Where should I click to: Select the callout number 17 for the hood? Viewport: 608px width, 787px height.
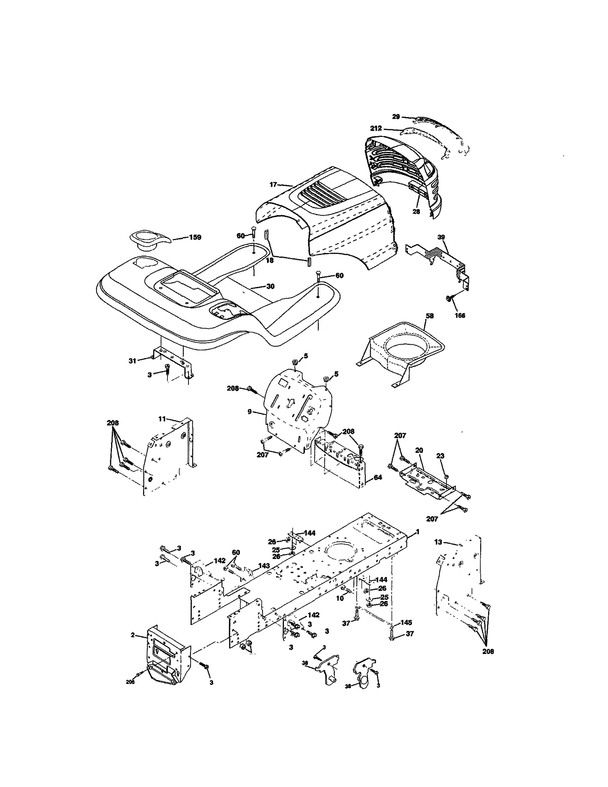[x=273, y=185]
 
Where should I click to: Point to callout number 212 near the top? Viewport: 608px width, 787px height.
[x=376, y=128]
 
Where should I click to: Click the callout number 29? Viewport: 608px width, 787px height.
[x=396, y=116]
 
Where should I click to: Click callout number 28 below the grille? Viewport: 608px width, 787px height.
[x=416, y=212]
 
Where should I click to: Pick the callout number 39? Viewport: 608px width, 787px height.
[x=441, y=237]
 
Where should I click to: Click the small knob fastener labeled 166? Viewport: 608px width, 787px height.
[x=449, y=299]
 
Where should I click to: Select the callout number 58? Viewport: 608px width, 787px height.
[x=429, y=316]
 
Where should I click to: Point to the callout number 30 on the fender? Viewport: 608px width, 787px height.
[x=270, y=286]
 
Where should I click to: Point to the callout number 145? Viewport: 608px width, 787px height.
[x=406, y=622]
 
